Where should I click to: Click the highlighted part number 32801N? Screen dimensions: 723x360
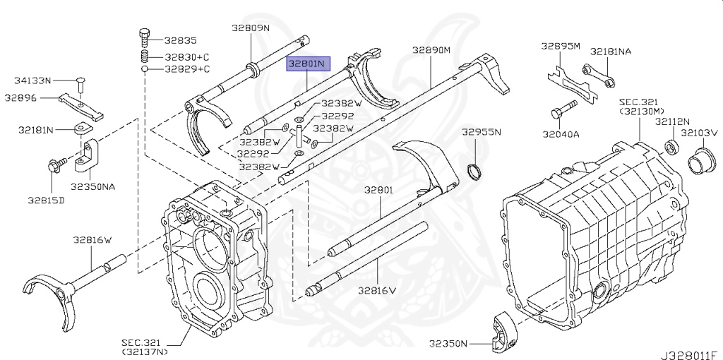coord(309,63)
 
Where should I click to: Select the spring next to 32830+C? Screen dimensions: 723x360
coord(144,57)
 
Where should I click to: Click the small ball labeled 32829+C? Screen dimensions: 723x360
coord(144,69)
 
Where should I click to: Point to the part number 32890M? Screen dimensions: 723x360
coord(431,50)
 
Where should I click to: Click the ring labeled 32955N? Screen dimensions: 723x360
coord(474,171)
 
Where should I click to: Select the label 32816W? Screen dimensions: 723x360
coord(92,240)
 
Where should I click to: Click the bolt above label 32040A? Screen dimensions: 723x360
coord(563,109)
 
